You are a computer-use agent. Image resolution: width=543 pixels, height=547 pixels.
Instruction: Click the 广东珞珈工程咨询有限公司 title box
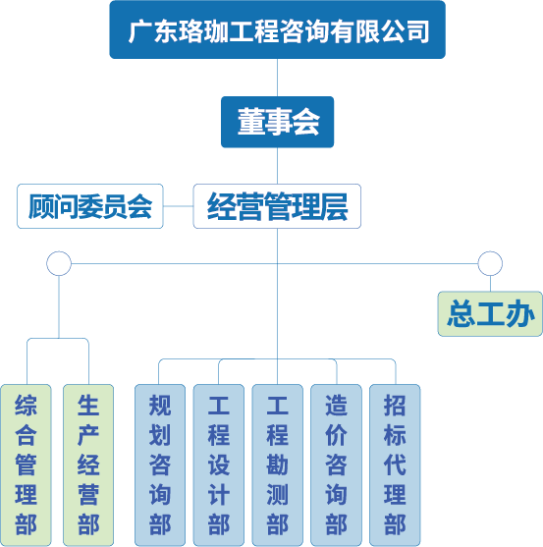pos(277,29)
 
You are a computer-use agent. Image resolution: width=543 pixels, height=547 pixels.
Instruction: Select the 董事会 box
pos(277,122)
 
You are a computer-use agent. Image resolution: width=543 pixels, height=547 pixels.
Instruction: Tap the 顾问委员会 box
pos(90,206)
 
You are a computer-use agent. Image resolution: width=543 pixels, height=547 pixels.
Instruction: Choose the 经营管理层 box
pos(277,206)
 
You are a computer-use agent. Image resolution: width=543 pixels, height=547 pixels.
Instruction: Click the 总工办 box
pos(490,314)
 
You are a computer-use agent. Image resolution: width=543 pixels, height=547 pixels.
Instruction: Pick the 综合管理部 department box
pos(26,465)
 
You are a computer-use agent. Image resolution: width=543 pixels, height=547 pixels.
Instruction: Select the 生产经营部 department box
pos(88,465)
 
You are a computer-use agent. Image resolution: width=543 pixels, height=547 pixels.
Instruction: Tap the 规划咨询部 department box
pos(160,465)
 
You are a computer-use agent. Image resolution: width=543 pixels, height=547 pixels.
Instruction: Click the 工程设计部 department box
pos(219,465)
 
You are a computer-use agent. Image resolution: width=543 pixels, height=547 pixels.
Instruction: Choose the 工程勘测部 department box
pos(277,465)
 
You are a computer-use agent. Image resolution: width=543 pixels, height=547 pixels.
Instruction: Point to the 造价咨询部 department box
pos(336,465)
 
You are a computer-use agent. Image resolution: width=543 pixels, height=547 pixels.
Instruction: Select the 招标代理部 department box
pos(395,465)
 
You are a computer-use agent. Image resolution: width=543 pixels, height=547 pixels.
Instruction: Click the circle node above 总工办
pos(490,251)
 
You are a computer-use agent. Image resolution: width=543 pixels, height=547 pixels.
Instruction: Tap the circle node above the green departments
pos(59,251)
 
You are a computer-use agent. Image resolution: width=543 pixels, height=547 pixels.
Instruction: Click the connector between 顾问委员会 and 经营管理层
pos(178,206)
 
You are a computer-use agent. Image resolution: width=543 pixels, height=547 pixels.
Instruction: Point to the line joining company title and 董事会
pos(277,78)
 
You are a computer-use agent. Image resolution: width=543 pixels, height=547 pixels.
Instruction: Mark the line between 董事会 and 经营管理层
pos(277,166)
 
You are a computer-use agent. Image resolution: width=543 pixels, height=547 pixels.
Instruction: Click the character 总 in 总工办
pos(461,314)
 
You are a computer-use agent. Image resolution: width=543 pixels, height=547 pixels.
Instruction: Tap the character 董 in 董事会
pos(250,122)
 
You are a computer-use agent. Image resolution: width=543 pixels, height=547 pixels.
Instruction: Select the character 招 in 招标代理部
pos(395,406)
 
